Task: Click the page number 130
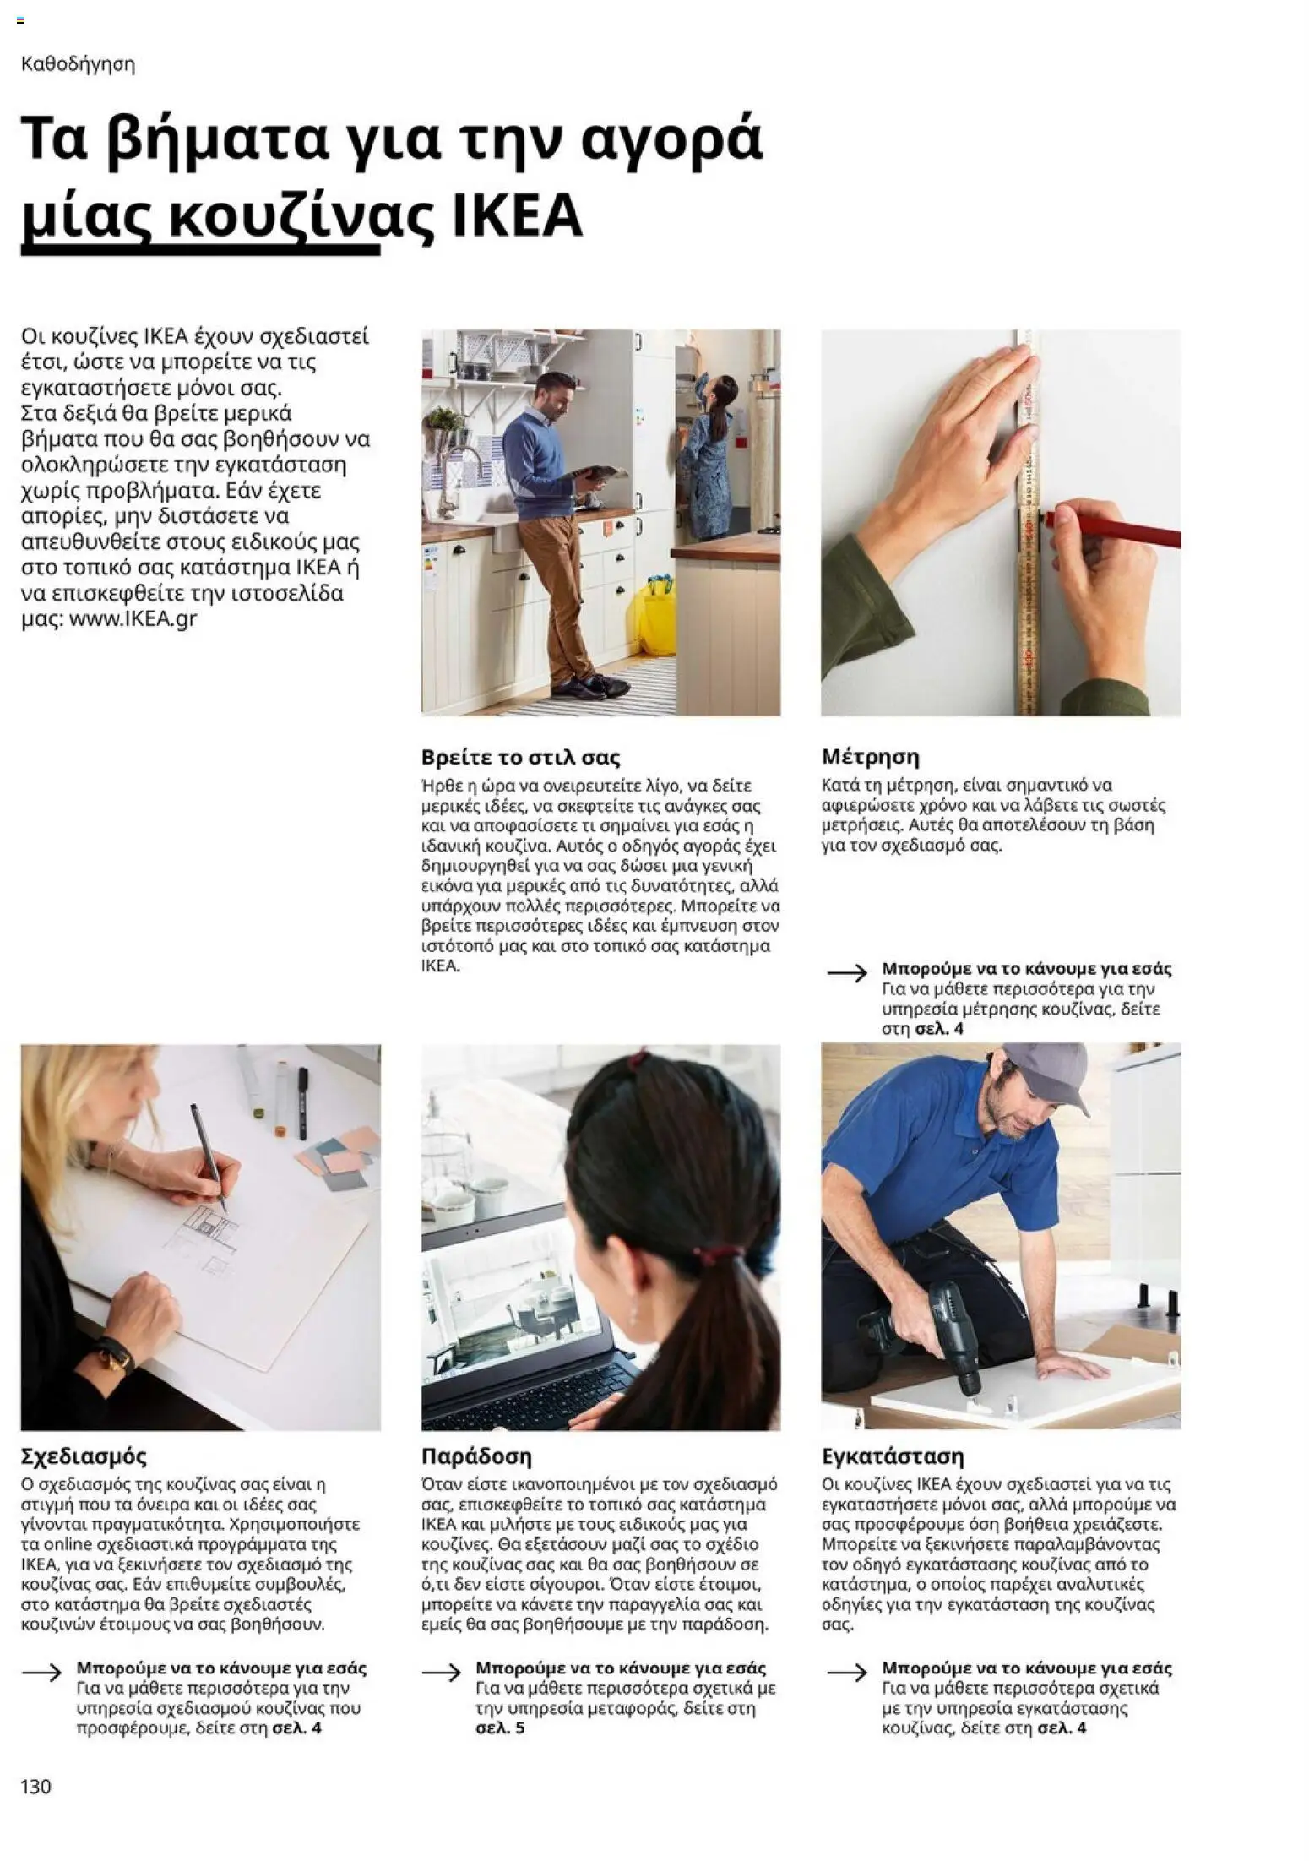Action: tap(35, 1786)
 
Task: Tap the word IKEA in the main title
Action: tap(517, 215)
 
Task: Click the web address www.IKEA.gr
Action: tap(133, 618)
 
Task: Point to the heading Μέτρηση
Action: tap(870, 756)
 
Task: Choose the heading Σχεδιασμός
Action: tap(84, 1456)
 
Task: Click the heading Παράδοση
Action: tap(476, 1456)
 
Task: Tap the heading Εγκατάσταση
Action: tap(893, 1456)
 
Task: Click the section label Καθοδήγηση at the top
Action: tap(78, 64)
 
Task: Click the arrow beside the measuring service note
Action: tap(847, 973)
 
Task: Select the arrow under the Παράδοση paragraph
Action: tap(442, 1672)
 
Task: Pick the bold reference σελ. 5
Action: tap(500, 1728)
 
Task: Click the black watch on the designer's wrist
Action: tap(108, 1356)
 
